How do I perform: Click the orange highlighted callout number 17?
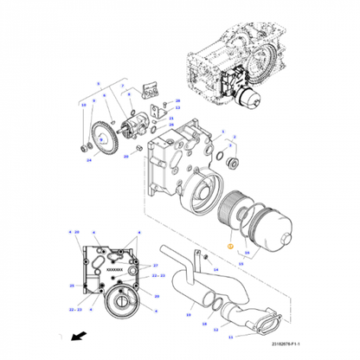click(230, 247)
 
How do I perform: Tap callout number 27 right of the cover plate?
click(155, 266)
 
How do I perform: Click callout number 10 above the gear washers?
click(84, 105)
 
